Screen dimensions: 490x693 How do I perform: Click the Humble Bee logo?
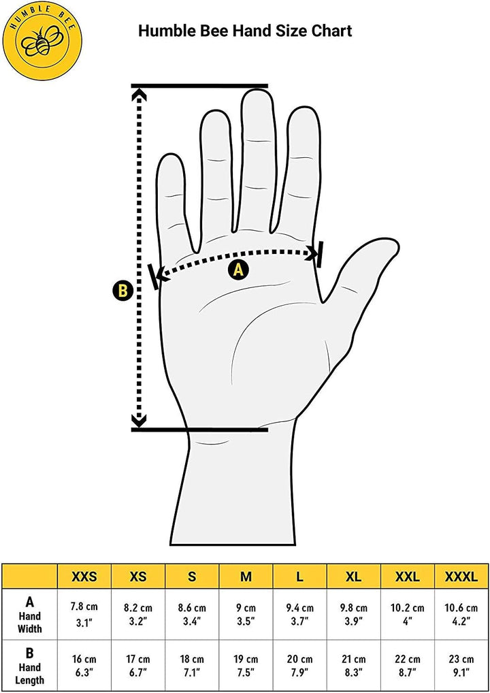(42, 42)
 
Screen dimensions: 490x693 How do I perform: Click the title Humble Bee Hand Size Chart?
(245, 31)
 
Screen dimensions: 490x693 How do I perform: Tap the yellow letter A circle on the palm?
(238, 269)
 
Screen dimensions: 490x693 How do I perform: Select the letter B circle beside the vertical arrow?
(122, 291)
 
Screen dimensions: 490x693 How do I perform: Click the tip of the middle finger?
(258, 92)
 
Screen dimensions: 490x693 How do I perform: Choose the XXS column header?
(84, 577)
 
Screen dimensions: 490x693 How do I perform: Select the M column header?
(246, 577)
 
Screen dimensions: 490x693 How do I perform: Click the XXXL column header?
(461, 577)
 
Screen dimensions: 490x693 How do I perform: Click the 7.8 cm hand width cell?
(84, 614)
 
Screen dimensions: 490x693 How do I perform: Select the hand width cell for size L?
(299, 614)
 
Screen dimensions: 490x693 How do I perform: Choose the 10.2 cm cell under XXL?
(408, 614)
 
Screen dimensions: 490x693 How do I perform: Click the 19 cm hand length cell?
(246, 665)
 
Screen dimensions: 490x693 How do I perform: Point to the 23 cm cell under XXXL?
(461, 665)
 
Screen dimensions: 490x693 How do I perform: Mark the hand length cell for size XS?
(138, 665)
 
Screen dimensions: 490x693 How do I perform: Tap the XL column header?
(353, 577)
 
